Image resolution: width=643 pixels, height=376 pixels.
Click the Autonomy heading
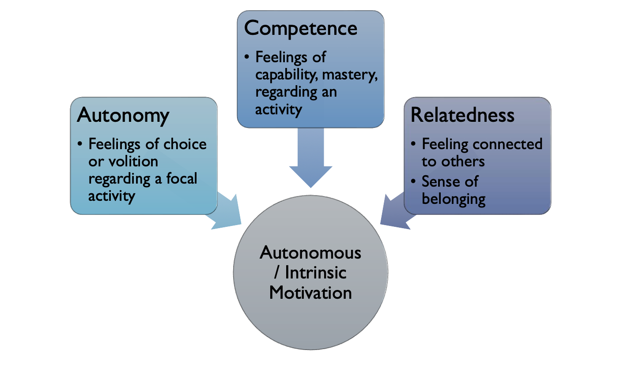[x=123, y=116]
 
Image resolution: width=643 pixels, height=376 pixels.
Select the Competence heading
[x=300, y=29]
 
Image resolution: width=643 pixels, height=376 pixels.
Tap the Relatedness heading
[x=462, y=115]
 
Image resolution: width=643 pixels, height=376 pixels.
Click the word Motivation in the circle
[x=310, y=293]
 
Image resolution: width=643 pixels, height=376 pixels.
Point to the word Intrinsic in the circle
[x=315, y=273]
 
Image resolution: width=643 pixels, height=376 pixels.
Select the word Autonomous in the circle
[x=310, y=253]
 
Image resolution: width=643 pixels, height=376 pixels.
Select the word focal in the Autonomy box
[x=182, y=179]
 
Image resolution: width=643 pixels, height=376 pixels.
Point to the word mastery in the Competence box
[x=350, y=75]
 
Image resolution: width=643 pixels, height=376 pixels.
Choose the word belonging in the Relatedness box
[x=454, y=199]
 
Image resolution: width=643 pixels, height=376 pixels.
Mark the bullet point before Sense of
[x=413, y=181]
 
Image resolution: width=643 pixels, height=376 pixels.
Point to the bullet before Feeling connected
[x=413, y=144]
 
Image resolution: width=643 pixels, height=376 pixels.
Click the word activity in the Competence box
[x=278, y=109]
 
